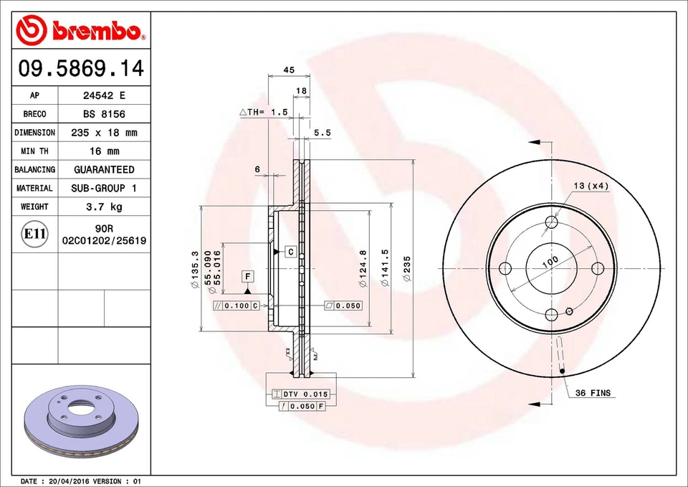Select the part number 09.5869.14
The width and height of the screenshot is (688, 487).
coord(81,69)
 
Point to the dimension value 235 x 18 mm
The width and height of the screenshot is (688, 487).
coord(104,133)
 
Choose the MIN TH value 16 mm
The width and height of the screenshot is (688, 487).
coord(104,151)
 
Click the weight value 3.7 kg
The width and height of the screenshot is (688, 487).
coord(104,207)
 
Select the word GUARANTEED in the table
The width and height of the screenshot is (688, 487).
coord(104,170)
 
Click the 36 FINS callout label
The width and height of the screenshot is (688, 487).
coord(593,393)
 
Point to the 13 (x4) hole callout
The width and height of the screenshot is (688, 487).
coord(591,186)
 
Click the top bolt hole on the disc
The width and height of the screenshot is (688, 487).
coord(551,222)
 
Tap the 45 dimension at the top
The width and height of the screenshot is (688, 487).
coord(289,70)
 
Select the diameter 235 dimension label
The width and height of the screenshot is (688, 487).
coord(407,268)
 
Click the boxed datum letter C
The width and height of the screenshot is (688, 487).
coord(291,252)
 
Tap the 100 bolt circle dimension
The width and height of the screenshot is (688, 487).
coord(550,262)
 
